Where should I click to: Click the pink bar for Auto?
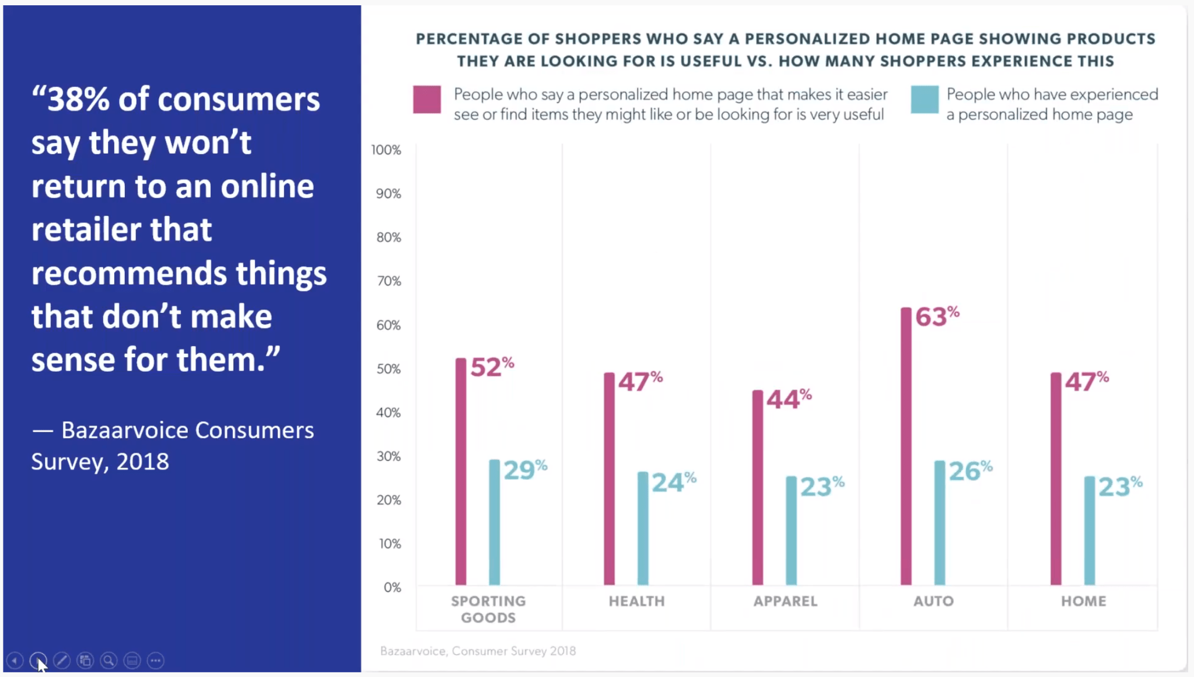(x=905, y=446)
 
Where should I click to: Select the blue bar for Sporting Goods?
(x=494, y=522)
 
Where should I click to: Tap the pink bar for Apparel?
(x=757, y=487)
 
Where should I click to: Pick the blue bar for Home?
(x=1089, y=531)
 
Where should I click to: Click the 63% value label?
(x=936, y=317)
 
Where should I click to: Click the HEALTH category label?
(x=636, y=601)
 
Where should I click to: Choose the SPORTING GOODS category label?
(x=488, y=609)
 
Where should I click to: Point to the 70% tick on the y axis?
(x=388, y=281)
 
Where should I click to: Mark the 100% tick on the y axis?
(x=386, y=150)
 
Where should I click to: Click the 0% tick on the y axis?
(x=392, y=588)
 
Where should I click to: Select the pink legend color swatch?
(x=426, y=99)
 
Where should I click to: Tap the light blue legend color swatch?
(x=924, y=99)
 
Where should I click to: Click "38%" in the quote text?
(x=78, y=99)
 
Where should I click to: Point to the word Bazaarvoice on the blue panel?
(x=125, y=431)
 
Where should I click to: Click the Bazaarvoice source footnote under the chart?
(x=478, y=651)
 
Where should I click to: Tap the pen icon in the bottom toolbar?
(x=61, y=660)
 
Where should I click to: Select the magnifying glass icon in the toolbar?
(x=108, y=660)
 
